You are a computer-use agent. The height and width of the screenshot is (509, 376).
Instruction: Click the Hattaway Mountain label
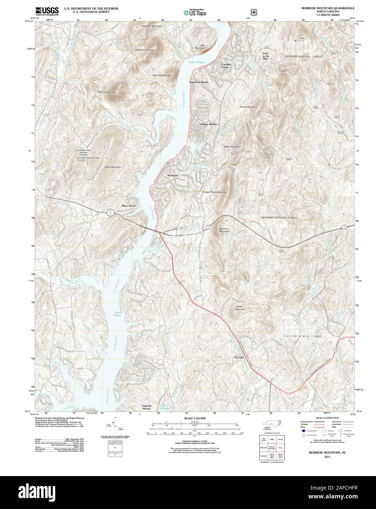152,26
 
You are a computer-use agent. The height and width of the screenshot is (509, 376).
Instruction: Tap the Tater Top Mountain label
162,75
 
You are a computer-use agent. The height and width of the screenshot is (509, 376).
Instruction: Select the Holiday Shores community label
208,124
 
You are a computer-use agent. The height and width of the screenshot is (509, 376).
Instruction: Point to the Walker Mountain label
232,146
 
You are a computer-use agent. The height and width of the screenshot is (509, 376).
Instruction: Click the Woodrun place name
172,176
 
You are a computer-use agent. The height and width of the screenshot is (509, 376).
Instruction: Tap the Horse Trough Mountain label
215,192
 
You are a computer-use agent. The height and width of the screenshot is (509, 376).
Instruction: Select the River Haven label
129,206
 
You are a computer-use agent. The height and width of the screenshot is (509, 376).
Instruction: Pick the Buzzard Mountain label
224,230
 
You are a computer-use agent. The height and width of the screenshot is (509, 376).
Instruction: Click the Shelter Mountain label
240,308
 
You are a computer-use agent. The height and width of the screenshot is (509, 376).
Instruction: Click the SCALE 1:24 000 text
195,418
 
